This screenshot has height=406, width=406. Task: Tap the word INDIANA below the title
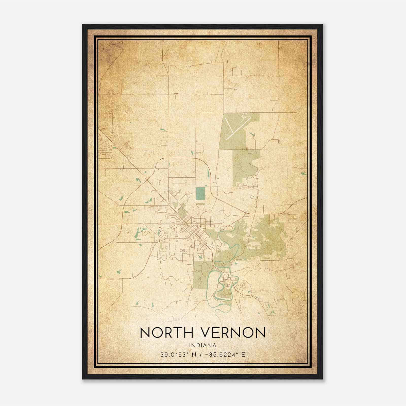[202, 345]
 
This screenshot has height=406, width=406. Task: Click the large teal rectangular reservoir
[200, 194]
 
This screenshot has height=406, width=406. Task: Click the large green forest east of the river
[269, 236]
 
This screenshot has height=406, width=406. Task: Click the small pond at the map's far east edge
[303, 174]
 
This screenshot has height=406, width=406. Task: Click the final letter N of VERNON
[260, 333]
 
